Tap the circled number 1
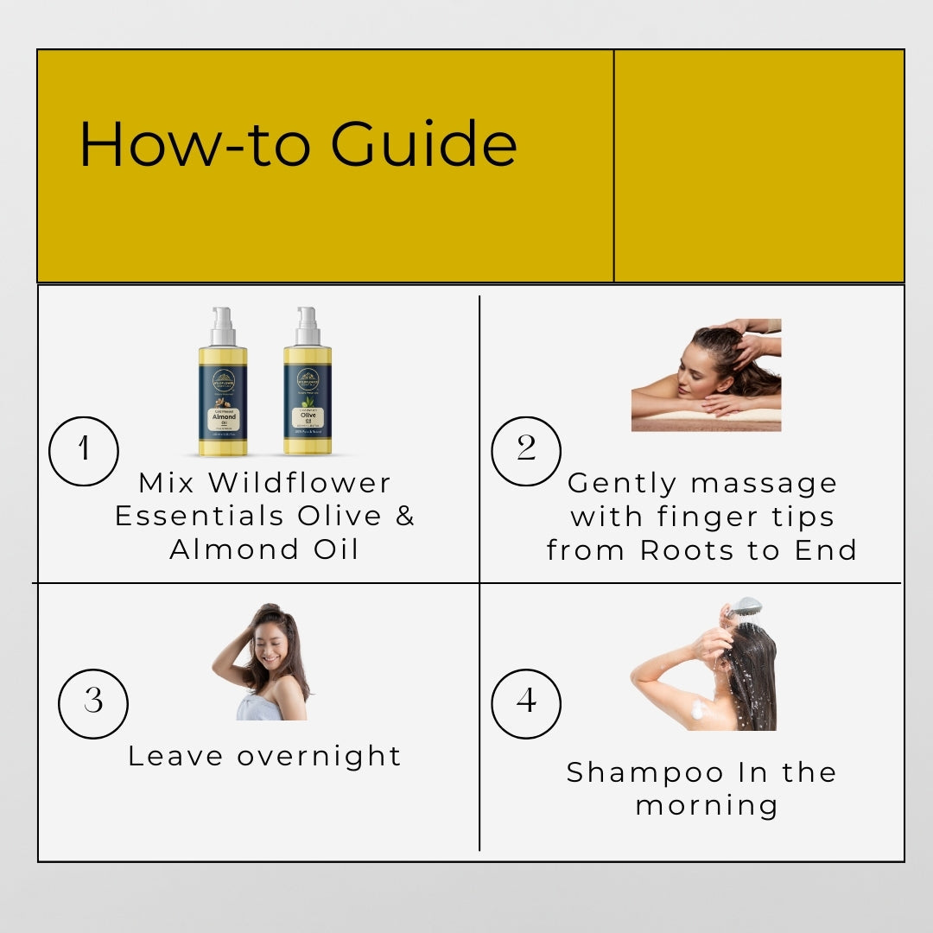(84, 450)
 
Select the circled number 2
(526, 450)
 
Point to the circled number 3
(93, 702)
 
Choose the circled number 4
(526, 702)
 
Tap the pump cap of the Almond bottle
(223, 324)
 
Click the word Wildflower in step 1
(300, 482)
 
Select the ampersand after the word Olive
(405, 516)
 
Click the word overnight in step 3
(320, 756)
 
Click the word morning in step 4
(707, 805)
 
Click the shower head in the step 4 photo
(746, 606)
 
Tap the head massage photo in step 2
(706, 375)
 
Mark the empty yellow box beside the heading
(758, 166)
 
